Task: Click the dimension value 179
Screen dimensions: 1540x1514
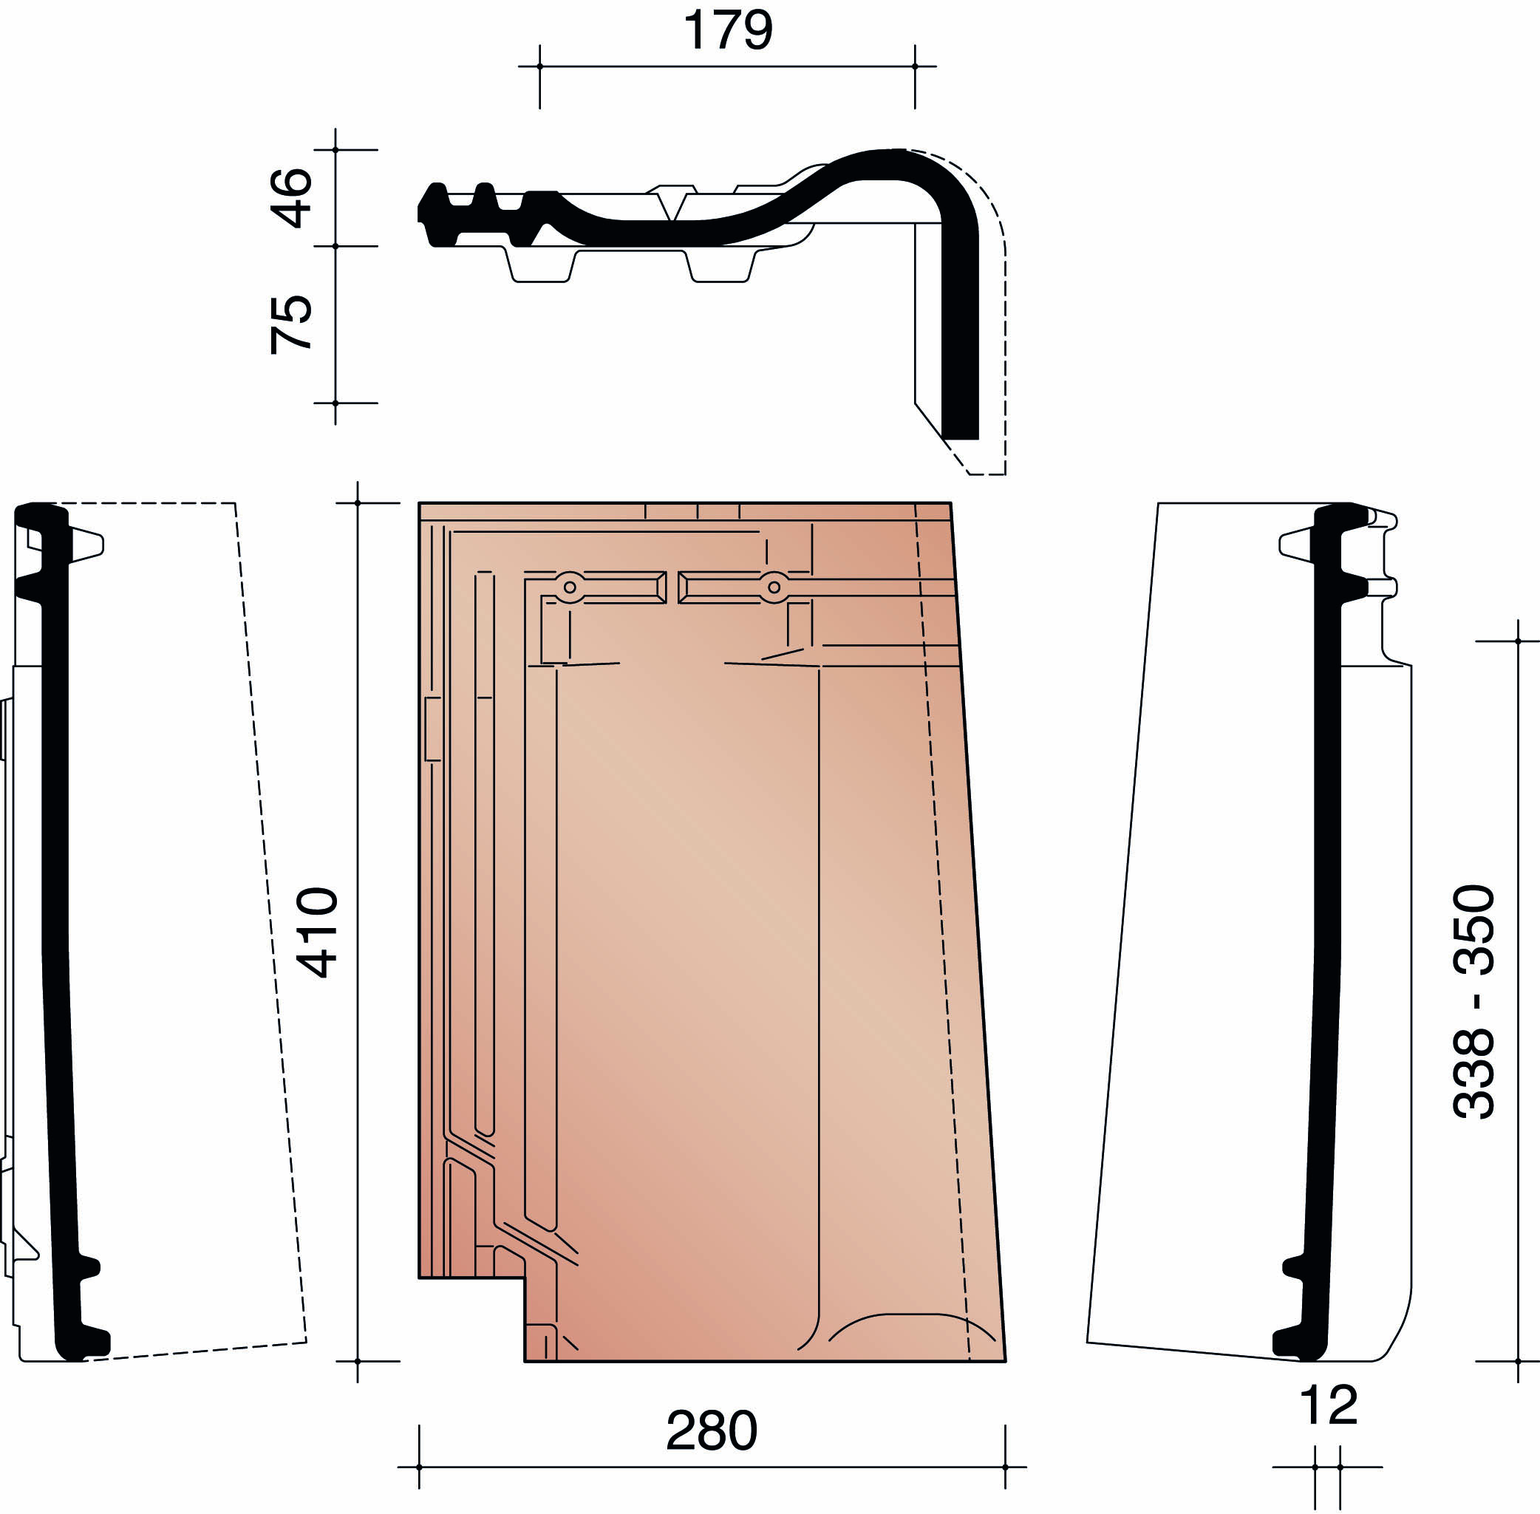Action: [x=726, y=30]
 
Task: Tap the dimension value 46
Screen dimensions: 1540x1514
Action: [x=291, y=198]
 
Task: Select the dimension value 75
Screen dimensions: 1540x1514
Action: [x=291, y=324]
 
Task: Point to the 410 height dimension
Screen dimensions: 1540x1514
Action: [x=316, y=931]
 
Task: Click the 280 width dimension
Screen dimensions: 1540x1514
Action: [x=712, y=1431]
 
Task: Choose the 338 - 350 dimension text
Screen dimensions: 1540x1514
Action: [x=1474, y=1002]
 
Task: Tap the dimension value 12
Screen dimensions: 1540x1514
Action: [x=1329, y=1405]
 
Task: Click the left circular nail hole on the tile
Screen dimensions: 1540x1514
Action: [x=570, y=587]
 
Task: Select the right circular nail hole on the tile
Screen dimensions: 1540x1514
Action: [x=774, y=587]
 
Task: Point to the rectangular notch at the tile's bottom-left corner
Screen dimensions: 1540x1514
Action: [x=471, y=1319]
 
